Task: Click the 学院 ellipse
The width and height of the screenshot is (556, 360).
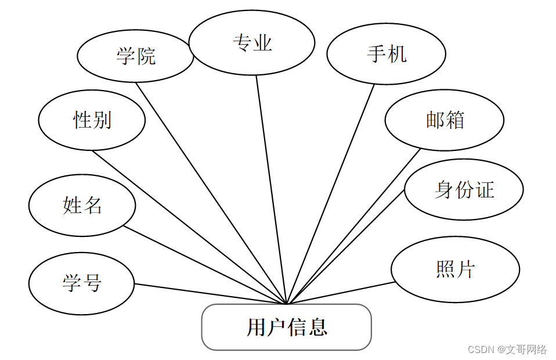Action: (x=135, y=56)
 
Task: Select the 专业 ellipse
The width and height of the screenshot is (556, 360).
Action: (x=252, y=43)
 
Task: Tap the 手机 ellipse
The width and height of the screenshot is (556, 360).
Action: (x=386, y=54)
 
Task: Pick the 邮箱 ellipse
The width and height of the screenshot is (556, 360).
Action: (x=444, y=120)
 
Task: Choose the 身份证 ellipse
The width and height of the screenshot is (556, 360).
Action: (x=464, y=190)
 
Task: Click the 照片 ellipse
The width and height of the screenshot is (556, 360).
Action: (x=455, y=269)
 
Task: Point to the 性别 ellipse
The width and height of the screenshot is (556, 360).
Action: (x=92, y=120)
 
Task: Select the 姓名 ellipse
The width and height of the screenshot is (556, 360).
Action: (x=82, y=205)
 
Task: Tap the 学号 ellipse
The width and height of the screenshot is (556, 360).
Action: (x=82, y=284)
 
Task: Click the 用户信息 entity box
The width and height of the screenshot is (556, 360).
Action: (x=286, y=327)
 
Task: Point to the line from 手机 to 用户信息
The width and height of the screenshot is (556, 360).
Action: (x=331, y=193)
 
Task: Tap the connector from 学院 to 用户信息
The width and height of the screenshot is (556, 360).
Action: (x=211, y=193)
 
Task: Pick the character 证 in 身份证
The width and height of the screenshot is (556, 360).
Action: (x=485, y=190)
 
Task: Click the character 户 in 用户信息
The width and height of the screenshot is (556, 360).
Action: (x=276, y=327)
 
